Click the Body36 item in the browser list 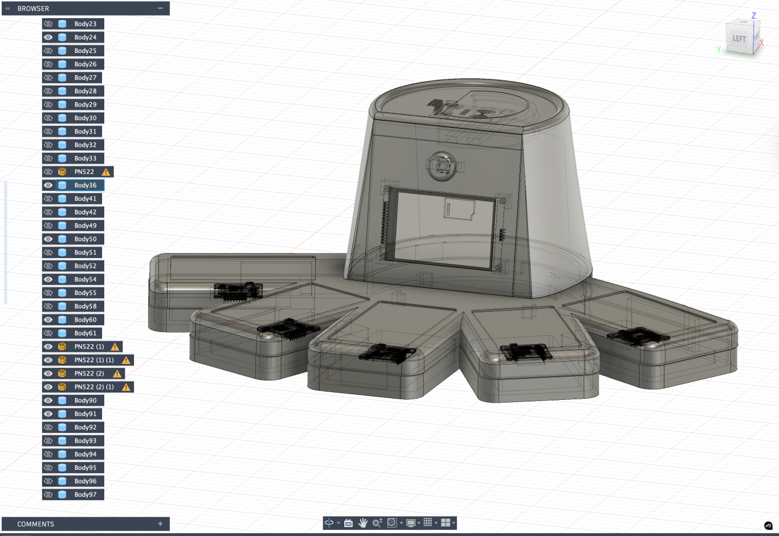(85, 185)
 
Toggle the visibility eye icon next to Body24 (49, 37)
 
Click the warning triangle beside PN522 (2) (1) (126, 387)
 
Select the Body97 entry (85, 495)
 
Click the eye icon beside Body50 (49, 239)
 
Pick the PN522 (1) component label (89, 346)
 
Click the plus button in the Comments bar (161, 524)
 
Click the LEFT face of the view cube (739, 38)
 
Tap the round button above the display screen (442, 166)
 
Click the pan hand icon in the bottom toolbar (362, 523)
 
